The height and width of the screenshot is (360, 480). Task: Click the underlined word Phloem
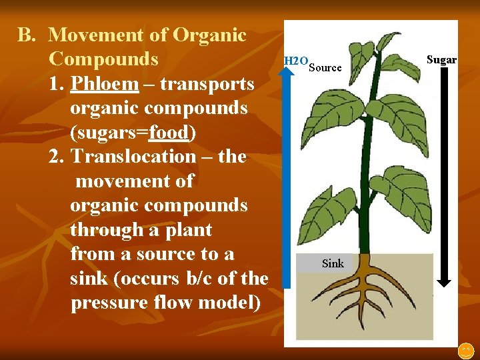(x=105, y=84)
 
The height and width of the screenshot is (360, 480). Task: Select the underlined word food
(x=169, y=133)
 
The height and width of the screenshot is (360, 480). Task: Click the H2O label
(x=295, y=61)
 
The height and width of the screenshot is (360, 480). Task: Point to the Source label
(x=325, y=67)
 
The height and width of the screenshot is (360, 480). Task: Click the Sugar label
(x=441, y=60)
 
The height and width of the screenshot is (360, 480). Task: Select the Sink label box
(x=333, y=263)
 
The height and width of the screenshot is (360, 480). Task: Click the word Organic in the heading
(x=211, y=35)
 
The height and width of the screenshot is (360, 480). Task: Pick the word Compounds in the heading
(x=103, y=59)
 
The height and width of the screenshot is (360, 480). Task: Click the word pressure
(x=103, y=302)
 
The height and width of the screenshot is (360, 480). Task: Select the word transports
(x=210, y=84)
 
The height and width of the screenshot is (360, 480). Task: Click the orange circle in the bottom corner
(x=465, y=349)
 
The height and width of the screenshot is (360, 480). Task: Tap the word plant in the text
(x=189, y=230)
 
